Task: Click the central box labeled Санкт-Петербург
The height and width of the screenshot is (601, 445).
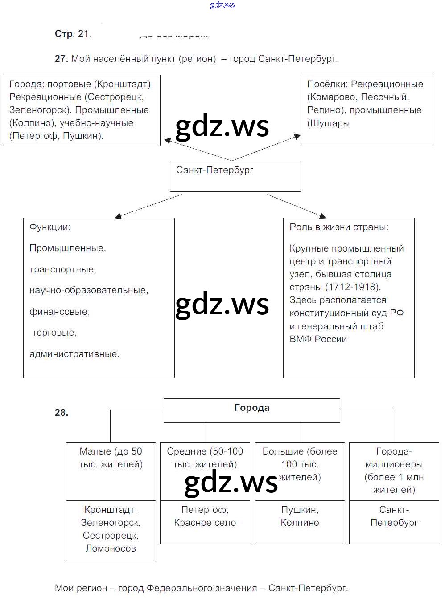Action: click(235, 176)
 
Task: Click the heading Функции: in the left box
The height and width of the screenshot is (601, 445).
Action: click(50, 227)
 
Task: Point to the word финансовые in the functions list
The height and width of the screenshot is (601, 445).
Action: click(59, 312)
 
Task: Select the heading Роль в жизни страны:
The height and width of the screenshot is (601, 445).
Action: click(339, 227)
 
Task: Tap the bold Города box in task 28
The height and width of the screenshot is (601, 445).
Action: click(251, 410)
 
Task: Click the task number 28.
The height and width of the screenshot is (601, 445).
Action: click(62, 413)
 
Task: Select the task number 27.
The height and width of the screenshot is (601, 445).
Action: click(61, 59)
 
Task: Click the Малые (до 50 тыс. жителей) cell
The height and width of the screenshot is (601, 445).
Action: click(111, 458)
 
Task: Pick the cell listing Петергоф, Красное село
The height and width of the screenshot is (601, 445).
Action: click(205, 516)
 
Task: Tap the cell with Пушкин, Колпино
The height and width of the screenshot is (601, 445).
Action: click(300, 516)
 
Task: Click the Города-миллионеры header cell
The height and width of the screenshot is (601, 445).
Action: click(394, 471)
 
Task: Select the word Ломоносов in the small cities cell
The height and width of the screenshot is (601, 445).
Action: click(111, 548)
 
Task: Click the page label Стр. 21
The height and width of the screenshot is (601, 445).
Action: click(72, 34)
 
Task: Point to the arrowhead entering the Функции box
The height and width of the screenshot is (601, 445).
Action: click(118, 216)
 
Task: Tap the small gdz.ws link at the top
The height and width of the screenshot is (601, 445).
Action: click(222, 5)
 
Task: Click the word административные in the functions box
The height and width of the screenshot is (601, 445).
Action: click(74, 354)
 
